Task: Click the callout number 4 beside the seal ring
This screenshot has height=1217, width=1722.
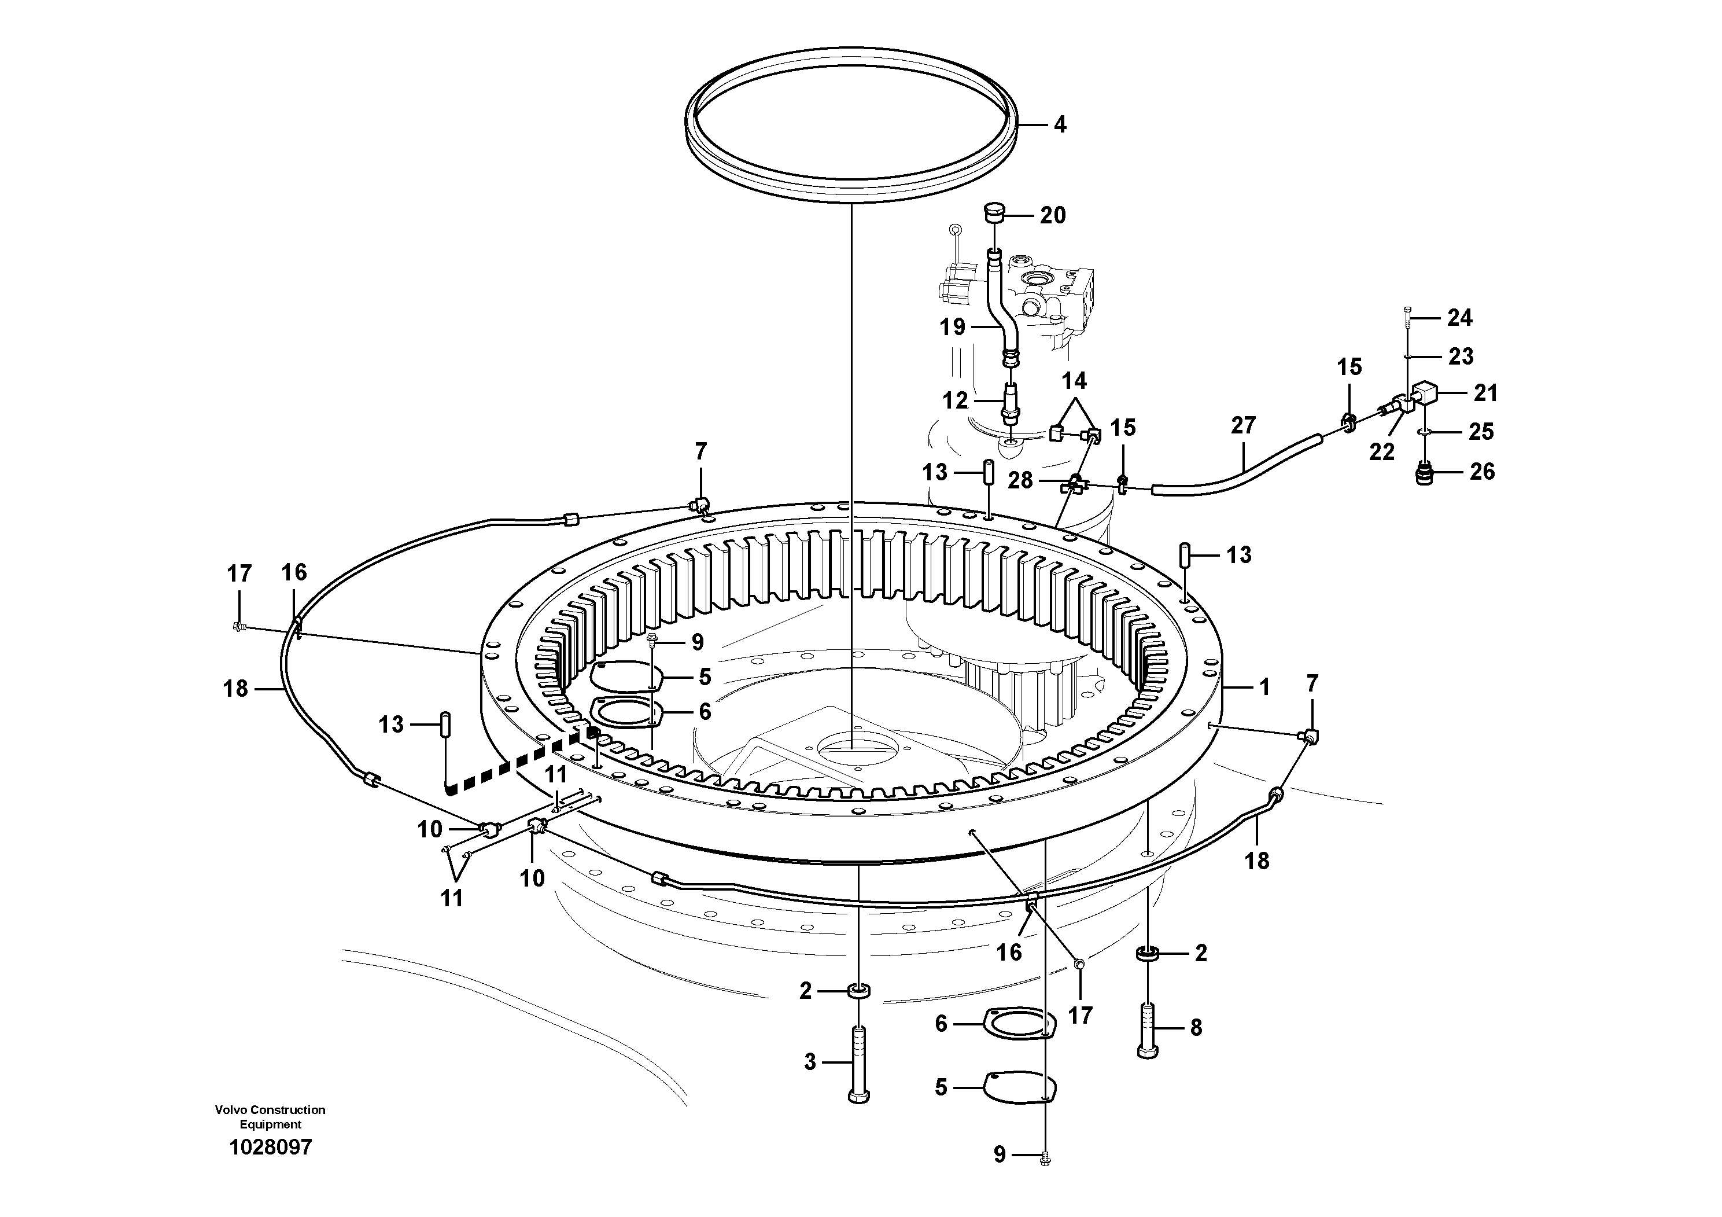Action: click(x=1059, y=124)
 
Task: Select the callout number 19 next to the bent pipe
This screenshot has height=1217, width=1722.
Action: click(x=953, y=328)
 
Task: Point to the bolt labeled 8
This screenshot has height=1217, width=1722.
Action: click(x=1148, y=1028)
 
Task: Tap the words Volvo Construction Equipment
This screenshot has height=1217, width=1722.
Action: click(x=270, y=1116)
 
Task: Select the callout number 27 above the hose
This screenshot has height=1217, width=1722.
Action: click(x=1242, y=425)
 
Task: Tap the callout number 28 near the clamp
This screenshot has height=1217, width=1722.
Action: click(x=1020, y=480)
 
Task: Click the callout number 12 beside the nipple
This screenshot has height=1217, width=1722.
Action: click(x=955, y=400)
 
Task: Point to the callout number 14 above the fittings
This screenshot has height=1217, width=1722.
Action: click(x=1074, y=381)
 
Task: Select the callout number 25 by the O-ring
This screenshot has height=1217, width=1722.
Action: click(x=1481, y=432)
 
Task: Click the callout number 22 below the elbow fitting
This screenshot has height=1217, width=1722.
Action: click(x=1381, y=452)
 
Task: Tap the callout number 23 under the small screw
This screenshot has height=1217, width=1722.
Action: click(x=1460, y=356)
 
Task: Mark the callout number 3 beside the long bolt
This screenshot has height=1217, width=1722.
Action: click(x=809, y=1062)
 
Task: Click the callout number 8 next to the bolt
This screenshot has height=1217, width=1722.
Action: click(x=1196, y=1027)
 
